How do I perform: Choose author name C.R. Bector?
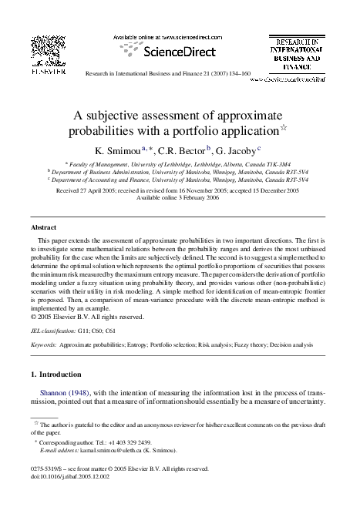[x=179, y=150]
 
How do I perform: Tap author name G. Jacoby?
[x=235, y=150]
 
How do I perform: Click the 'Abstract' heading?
[x=43, y=229]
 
